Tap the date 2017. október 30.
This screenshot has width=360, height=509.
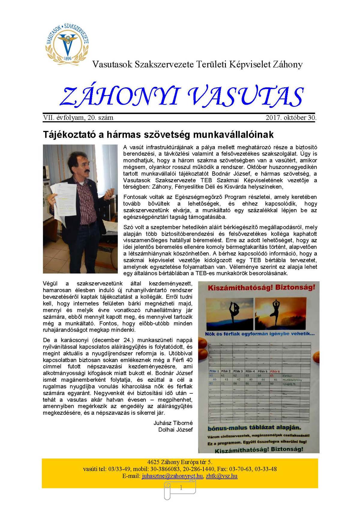(x=291, y=118)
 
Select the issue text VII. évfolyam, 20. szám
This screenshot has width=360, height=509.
(x=78, y=118)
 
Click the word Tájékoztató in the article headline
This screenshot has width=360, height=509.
(x=69, y=134)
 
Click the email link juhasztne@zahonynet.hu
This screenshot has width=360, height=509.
(x=172, y=476)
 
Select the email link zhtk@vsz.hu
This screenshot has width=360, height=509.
(x=222, y=476)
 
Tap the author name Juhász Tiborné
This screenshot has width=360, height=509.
(x=173, y=423)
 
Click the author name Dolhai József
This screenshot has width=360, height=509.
(x=175, y=429)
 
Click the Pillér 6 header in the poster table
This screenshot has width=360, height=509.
(x=275, y=371)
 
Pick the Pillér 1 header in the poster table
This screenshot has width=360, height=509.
(x=214, y=371)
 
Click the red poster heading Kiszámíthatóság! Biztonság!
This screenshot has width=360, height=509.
(x=261, y=288)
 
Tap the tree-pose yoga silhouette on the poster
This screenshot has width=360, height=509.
(x=276, y=312)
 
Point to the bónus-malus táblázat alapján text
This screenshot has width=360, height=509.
(x=254, y=428)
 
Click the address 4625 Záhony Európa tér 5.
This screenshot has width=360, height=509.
(x=180, y=462)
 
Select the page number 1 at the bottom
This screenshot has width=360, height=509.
(x=181, y=488)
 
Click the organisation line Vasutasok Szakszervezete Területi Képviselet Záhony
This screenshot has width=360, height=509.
(x=197, y=64)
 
